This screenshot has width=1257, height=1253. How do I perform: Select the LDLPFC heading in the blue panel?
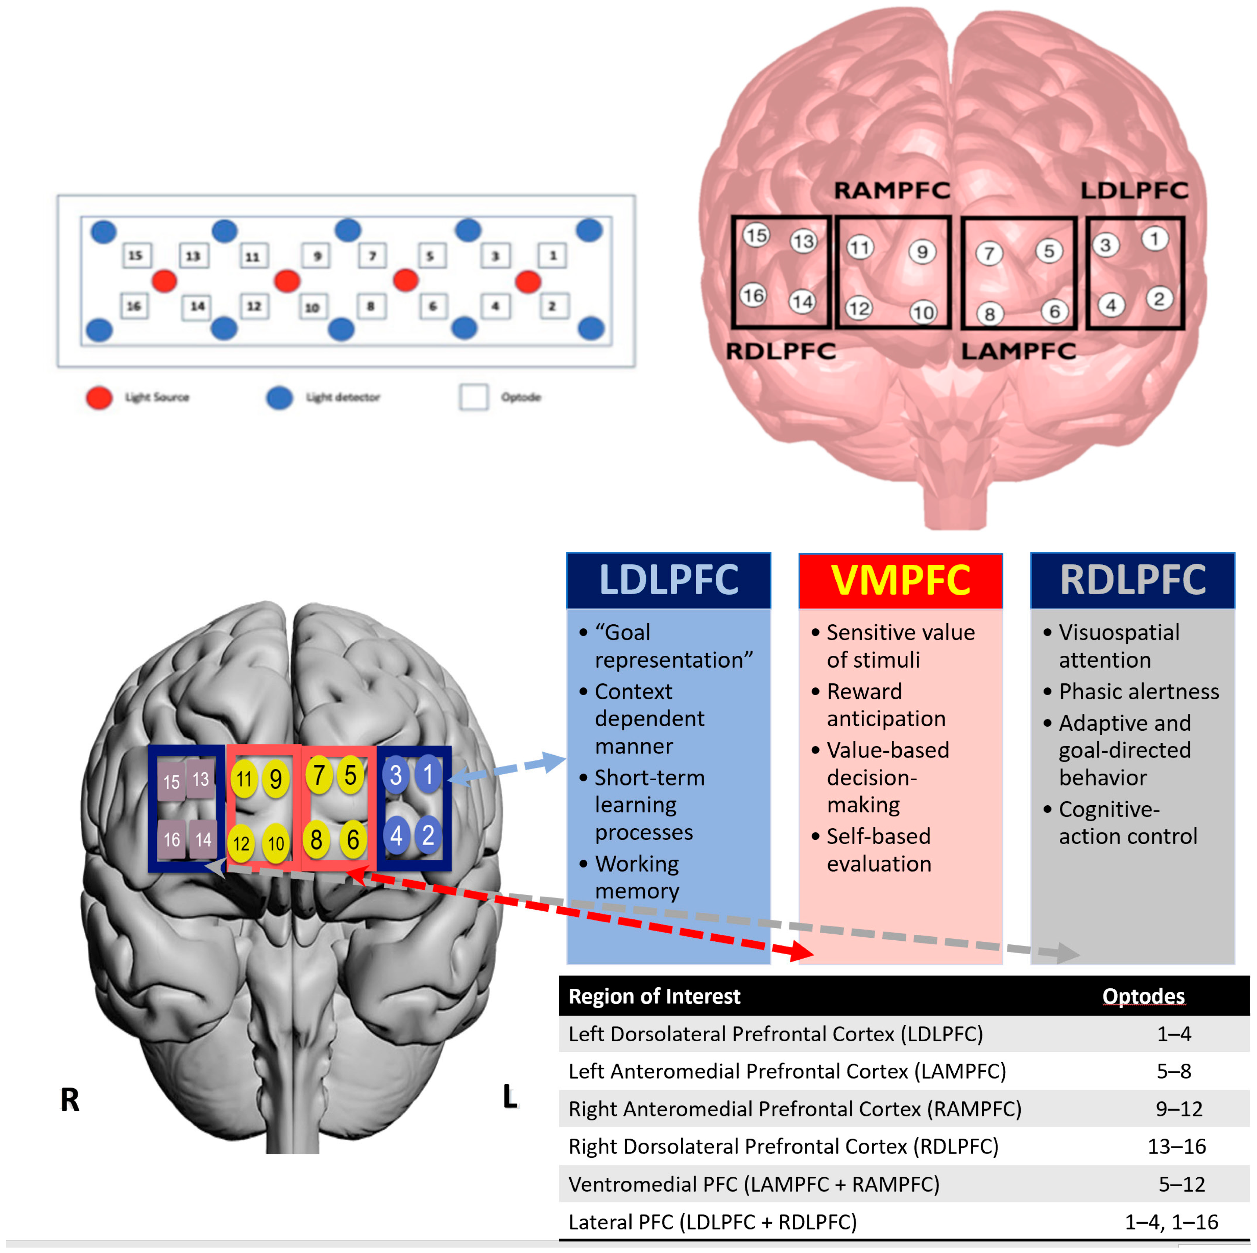[668, 580]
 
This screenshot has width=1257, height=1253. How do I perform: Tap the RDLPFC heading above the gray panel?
[1132, 580]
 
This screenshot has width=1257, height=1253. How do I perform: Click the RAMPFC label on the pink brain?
[891, 190]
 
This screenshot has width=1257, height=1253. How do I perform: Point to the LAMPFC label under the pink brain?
[1018, 351]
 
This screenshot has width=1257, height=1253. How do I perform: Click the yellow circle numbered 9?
[276, 779]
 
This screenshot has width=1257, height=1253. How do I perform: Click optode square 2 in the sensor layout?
[552, 306]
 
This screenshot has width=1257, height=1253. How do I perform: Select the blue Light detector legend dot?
[280, 397]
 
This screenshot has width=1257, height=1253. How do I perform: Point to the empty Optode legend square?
[474, 397]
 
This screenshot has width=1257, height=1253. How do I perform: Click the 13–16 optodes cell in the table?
[1176, 1146]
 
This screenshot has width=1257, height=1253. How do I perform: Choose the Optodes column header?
[1143, 996]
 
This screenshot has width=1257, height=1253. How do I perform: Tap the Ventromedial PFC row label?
[753, 1184]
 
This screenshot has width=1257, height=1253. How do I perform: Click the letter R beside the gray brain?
[70, 1100]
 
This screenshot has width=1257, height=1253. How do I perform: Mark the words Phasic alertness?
[1138, 691]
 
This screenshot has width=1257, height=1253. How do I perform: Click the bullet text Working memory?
[637, 877]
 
